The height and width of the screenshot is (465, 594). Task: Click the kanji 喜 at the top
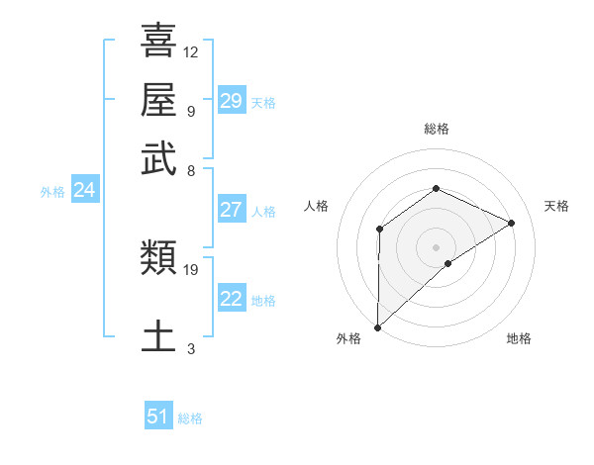[x=158, y=42]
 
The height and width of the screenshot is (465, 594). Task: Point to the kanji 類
[x=158, y=259]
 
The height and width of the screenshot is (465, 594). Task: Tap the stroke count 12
[x=191, y=51]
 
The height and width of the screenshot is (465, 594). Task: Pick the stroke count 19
[x=191, y=269]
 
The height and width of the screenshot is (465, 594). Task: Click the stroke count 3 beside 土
[x=191, y=348]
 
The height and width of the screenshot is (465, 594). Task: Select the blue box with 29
[x=231, y=101]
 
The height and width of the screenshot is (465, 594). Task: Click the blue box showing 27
[x=231, y=210]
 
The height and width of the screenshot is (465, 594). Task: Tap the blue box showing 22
[x=231, y=299]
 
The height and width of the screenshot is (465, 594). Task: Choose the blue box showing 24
[x=84, y=191]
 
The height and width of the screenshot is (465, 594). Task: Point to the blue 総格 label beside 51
[x=190, y=418]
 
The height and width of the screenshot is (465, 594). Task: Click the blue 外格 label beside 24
[x=51, y=192]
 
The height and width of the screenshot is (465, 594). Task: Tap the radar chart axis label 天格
[x=556, y=206]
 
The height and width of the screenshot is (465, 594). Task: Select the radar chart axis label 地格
[x=519, y=338]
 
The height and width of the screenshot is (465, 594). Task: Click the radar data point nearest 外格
[x=376, y=327]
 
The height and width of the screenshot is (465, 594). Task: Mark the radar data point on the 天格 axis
[x=511, y=224]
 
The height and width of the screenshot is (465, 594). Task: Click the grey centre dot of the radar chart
[x=436, y=247]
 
